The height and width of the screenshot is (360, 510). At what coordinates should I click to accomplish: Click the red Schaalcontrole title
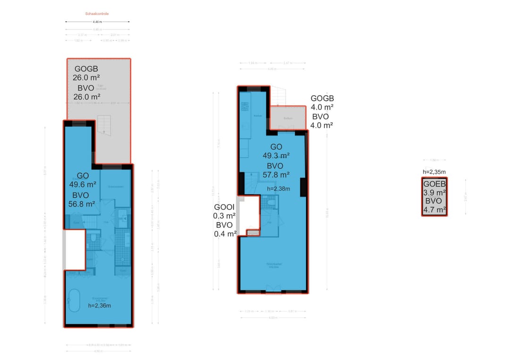click(97, 14)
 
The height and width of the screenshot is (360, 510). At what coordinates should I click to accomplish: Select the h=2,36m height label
click(100, 305)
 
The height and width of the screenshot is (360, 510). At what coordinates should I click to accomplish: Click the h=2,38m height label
click(278, 189)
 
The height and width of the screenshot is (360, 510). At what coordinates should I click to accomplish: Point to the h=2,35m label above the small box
click(434, 172)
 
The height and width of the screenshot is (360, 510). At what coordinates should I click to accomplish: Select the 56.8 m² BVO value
click(82, 204)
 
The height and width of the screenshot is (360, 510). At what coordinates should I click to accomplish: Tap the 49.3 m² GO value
click(276, 156)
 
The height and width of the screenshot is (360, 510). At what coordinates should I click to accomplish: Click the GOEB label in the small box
click(434, 184)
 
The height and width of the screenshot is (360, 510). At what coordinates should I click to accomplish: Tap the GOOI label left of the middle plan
click(224, 208)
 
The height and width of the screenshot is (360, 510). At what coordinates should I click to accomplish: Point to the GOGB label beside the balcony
click(322, 99)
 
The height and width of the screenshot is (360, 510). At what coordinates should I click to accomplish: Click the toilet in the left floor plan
click(93, 238)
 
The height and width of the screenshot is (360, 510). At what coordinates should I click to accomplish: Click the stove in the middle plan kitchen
click(245, 107)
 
